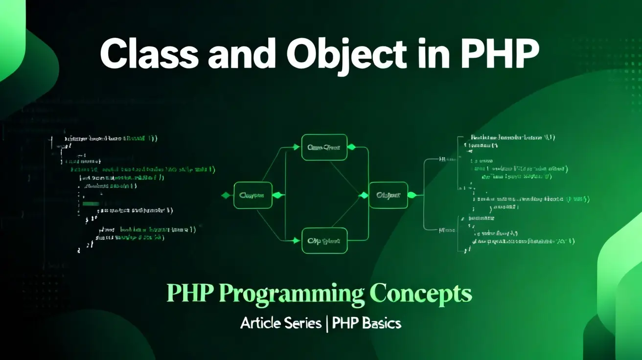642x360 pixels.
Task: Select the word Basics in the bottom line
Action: pos(381,323)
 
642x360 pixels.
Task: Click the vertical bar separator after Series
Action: pos(326,323)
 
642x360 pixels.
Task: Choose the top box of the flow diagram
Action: pos(324,147)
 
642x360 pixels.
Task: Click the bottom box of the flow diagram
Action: pos(324,241)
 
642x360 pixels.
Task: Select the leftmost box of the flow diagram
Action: pos(252,195)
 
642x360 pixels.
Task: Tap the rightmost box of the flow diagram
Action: pos(388,195)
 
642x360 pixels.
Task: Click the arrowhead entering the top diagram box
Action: pos(296,147)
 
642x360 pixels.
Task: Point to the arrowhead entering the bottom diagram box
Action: pos(296,240)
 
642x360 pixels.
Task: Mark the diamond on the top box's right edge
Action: pos(351,147)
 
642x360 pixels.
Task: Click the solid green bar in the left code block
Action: pos(91,203)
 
